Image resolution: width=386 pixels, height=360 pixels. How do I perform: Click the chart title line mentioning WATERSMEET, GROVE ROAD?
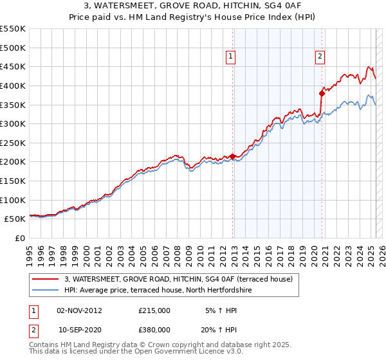click(193, 6)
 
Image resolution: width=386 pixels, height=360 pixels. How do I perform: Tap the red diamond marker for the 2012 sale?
click(232, 156)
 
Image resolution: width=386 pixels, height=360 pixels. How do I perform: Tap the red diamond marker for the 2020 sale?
click(322, 93)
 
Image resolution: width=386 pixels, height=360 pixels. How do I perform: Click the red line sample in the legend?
click(45, 279)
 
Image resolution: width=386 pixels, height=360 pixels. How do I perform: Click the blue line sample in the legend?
click(45, 290)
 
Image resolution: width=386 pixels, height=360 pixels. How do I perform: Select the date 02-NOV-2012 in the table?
click(80, 310)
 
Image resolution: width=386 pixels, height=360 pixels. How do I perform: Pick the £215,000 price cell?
click(154, 310)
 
